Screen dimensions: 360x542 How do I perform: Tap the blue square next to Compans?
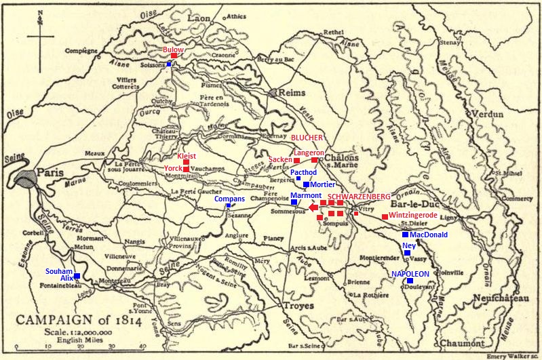(228, 206)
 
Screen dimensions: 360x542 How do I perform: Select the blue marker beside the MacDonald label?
(405, 235)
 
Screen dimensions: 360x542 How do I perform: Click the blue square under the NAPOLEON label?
(410, 280)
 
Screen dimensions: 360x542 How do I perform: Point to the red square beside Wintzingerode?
(385, 216)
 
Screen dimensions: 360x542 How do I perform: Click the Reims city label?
(292, 92)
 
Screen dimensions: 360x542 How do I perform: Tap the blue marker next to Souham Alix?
(77, 276)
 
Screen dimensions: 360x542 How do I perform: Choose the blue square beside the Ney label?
(407, 252)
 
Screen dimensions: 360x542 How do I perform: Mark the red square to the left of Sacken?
(296, 161)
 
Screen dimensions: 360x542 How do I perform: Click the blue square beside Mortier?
(306, 184)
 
